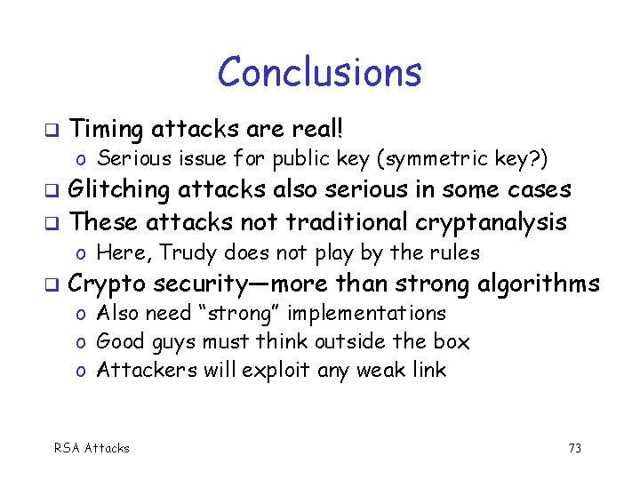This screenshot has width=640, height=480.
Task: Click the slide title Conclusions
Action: click(319, 72)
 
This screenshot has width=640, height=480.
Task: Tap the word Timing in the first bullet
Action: click(106, 130)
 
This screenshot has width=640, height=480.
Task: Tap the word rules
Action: click(456, 252)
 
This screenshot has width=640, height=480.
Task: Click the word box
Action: click(452, 341)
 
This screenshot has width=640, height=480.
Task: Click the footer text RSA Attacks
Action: click(92, 448)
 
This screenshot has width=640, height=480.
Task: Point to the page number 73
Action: click(574, 448)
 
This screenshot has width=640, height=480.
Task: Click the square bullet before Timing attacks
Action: click(51, 131)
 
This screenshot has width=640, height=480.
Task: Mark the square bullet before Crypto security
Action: click(51, 285)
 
